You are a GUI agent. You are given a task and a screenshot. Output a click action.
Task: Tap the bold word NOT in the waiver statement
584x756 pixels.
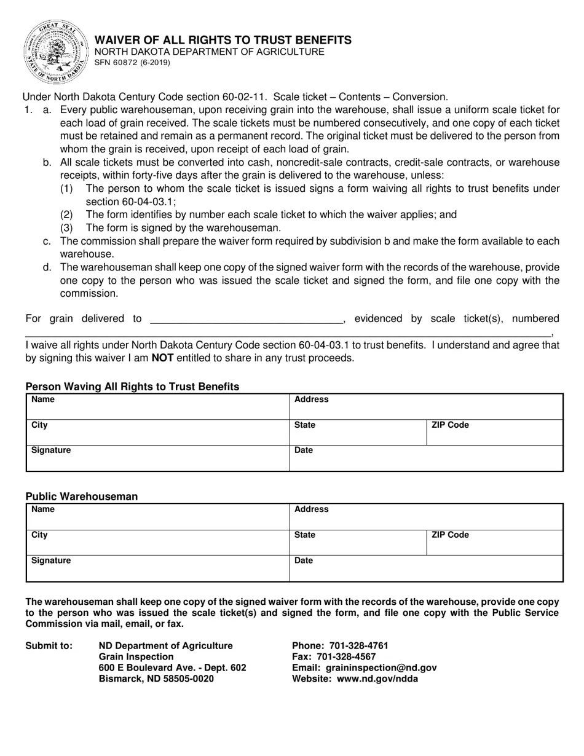tap(162, 358)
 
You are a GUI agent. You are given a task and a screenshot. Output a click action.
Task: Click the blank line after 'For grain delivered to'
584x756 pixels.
tap(246, 319)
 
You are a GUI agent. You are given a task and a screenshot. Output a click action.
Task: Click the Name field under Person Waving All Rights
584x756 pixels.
tap(157, 407)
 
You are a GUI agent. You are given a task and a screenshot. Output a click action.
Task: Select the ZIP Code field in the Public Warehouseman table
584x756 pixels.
tap(494, 542)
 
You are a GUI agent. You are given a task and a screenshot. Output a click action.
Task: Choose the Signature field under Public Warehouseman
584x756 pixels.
tap(157, 569)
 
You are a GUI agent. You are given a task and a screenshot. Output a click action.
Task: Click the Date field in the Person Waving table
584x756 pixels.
tap(425, 458)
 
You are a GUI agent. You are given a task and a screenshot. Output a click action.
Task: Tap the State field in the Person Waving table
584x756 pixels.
tap(357, 432)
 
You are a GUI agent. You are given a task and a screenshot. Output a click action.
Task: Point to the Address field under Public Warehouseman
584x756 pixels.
tap(425, 516)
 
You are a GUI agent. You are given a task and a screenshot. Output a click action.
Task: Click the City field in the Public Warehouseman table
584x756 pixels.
tap(157, 542)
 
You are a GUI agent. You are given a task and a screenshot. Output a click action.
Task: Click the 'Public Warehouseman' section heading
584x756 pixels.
tap(82, 497)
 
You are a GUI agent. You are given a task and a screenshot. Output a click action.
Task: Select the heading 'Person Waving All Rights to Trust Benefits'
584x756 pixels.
tap(132, 387)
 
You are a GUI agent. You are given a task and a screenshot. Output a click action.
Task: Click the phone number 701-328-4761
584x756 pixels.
tap(359, 646)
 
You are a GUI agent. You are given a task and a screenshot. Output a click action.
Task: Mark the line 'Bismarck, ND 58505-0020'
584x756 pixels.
tap(157, 679)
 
